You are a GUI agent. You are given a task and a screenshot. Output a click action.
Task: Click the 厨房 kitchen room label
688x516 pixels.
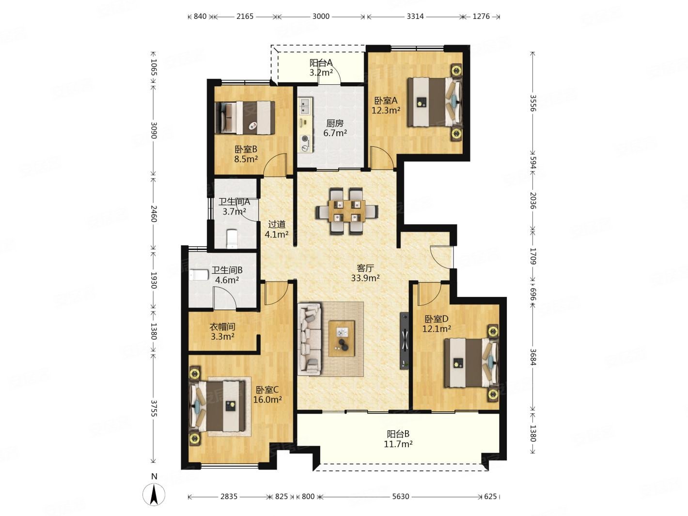point(334,123)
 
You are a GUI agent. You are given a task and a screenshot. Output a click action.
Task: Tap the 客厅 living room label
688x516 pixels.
point(365,268)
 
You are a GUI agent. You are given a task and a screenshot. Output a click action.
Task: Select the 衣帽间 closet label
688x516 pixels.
point(222,327)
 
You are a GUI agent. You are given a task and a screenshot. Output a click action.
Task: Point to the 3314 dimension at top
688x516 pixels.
point(415,16)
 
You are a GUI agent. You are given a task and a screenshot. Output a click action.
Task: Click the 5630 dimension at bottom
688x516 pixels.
point(401,496)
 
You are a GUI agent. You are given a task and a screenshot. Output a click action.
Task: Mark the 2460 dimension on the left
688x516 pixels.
point(154,213)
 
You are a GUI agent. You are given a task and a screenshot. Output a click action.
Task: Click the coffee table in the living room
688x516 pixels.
point(342,338)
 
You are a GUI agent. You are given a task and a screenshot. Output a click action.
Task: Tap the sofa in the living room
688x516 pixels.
point(310,339)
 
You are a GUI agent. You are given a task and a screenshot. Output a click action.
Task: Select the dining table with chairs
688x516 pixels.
point(347,211)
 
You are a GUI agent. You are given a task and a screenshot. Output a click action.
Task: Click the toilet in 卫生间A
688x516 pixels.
point(232,239)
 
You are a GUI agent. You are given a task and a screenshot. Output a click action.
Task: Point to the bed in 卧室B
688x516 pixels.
point(246,118)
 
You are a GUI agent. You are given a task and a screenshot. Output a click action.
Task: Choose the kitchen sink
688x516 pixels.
point(305,106)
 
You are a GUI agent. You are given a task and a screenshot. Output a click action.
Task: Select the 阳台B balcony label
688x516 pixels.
point(398,434)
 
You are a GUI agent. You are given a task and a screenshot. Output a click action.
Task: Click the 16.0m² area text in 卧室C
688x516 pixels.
point(267,400)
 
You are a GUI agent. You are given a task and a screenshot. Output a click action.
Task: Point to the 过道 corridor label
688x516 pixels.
point(277,224)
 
